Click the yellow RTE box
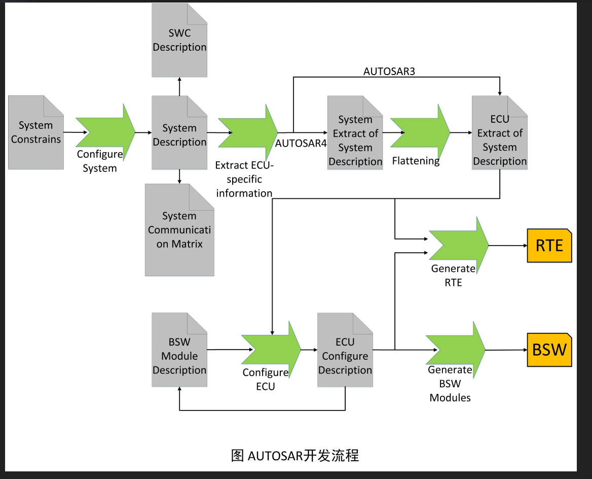click(x=549, y=246)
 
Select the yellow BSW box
click(x=549, y=350)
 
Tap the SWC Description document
click(x=179, y=40)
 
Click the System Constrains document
click(x=36, y=132)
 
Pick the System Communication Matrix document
click(x=179, y=230)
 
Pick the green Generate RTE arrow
click(x=459, y=245)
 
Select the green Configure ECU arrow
click(x=271, y=350)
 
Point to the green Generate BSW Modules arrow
click(x=456, y=350)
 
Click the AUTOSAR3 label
click(x=389, y=71)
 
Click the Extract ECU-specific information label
click(x=244, y=179)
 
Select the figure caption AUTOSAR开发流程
click(x=295, y=455)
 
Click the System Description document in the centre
click(x=179, y=133)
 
